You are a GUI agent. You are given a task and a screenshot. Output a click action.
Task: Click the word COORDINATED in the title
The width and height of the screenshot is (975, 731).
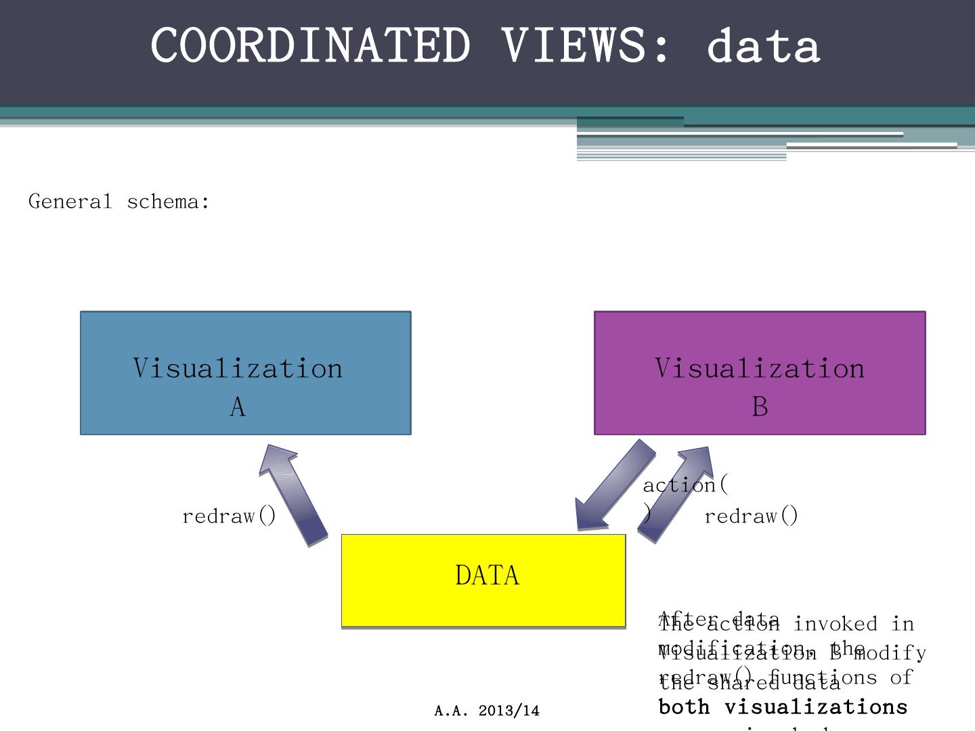(x=310, y=45)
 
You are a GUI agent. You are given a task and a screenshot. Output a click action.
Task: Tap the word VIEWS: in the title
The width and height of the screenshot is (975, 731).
(x=586, y=45)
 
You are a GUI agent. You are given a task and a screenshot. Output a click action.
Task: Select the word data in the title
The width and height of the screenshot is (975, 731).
(x=763, y=45)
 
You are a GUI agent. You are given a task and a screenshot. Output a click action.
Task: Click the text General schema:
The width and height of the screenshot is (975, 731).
(x=119, y=202)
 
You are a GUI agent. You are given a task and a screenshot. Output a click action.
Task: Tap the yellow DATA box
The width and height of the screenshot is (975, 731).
(x=406, y=602)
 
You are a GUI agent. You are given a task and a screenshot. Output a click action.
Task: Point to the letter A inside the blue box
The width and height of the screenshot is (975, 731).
(x=238, y=407)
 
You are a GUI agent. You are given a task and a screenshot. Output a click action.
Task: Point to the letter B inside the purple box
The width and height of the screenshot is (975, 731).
(x=760, y=407)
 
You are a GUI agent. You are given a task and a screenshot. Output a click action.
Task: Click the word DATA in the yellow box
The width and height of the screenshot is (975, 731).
(x=487, y=575)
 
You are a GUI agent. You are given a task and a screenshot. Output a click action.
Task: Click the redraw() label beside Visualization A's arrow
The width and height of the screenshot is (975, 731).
(x=230, y=516)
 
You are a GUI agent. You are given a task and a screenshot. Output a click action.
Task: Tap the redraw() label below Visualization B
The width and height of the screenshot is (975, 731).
(x=752, y=516)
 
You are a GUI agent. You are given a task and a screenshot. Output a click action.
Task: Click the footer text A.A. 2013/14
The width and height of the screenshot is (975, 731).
(x=487, y=711)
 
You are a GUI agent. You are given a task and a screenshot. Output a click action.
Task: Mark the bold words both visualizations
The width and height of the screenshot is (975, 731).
(x=783, y=707)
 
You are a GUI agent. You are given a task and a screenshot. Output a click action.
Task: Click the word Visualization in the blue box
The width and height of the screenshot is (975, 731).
(x=238, y=368)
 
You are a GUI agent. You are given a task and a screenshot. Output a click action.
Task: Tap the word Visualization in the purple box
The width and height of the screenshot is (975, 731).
(x=760, y=368)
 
